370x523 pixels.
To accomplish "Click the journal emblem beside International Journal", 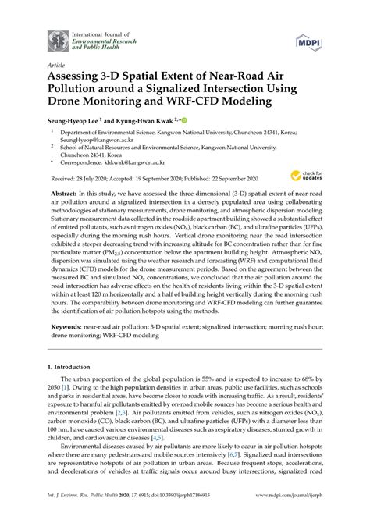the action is click(x=56, y=40).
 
